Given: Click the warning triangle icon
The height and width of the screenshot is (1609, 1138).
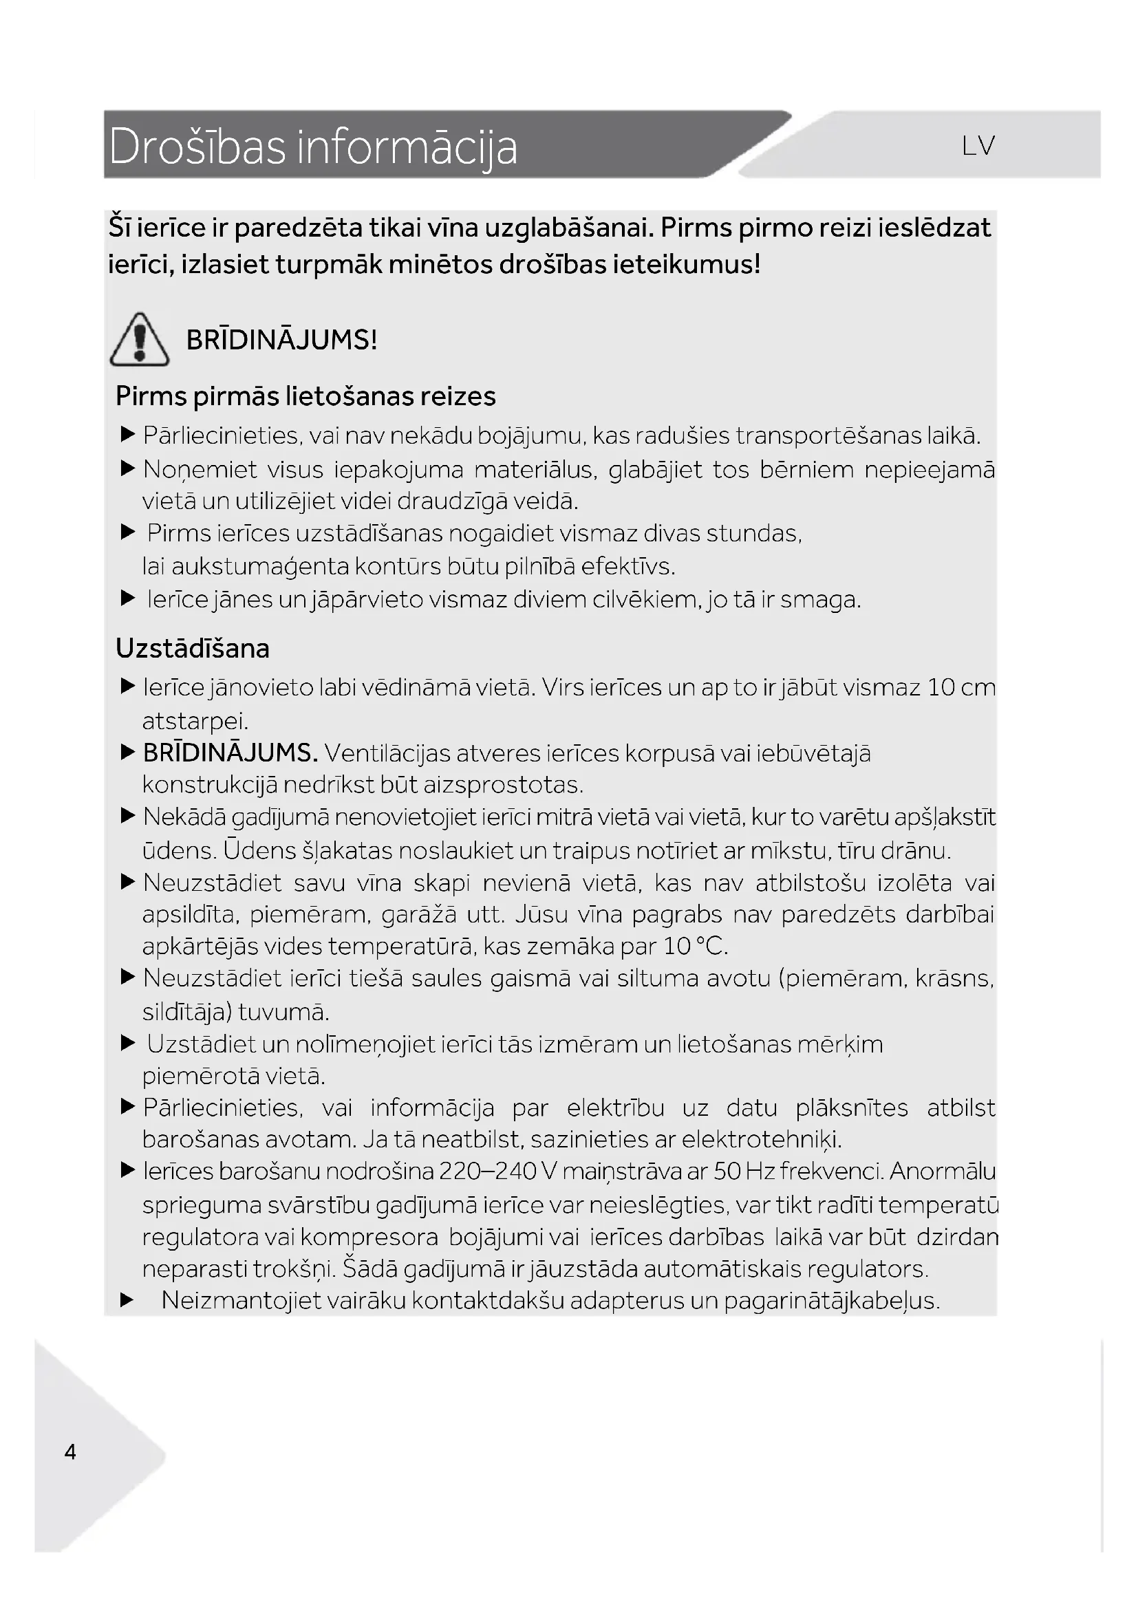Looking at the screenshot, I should tap(139, 340).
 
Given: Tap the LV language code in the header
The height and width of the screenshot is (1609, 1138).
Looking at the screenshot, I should tap(978, 146).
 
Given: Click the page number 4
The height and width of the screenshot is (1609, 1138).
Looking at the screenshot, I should tap(70, 1451).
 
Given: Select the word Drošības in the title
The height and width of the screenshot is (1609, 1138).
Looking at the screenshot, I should tap(197, 147).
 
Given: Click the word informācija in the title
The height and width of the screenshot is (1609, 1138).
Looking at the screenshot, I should tap(407, 147).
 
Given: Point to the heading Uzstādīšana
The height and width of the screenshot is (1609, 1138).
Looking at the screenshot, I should tap(193, 648).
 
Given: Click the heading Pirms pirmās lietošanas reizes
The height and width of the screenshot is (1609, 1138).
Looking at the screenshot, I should tap(305, 396).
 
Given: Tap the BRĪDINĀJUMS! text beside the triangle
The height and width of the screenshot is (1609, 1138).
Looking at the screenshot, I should tap(281, 340).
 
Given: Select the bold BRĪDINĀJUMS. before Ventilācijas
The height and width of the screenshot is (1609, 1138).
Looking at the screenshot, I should tap(230, 753).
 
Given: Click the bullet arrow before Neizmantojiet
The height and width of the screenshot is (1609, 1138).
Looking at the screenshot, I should tap(127, 1301).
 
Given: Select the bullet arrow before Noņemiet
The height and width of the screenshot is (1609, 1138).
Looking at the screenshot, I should tap(127, 468).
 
